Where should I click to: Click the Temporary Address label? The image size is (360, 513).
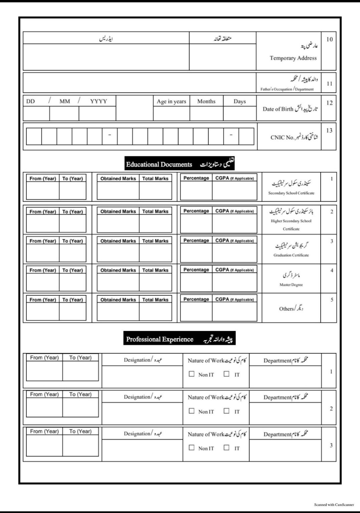(x=293, y=58)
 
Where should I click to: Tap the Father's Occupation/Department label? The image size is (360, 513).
(x=287, y=89)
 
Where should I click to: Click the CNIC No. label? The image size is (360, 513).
(x=282, y=137)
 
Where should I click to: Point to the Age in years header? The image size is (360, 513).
(x=171, y=102)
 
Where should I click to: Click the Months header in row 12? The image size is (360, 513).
(x=206, y=102)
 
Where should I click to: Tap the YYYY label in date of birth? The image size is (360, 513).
(x=99, y=102)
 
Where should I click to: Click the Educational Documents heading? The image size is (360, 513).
(x=159, y=164)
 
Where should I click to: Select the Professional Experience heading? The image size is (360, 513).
(x=160, y=339)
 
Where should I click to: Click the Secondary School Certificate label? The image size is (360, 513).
(x=291, y=193)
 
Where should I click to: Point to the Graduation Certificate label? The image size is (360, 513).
(x=291, y=255)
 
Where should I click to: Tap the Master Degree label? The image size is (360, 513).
(x=291, y=285)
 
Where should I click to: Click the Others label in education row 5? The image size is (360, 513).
(x=287, y=309)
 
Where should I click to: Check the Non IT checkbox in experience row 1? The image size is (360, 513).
(x=192, y=374)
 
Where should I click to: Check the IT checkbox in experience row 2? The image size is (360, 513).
(x=227, y=411)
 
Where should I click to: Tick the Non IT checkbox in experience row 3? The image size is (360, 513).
(x=192, y=448)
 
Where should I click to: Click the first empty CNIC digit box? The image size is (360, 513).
(x=34, y=136)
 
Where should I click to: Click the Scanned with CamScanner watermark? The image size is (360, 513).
(x=334, y=505)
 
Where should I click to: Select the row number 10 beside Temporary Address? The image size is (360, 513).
(x=329, y=39)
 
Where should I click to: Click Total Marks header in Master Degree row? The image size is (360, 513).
(x=155, y=270)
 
